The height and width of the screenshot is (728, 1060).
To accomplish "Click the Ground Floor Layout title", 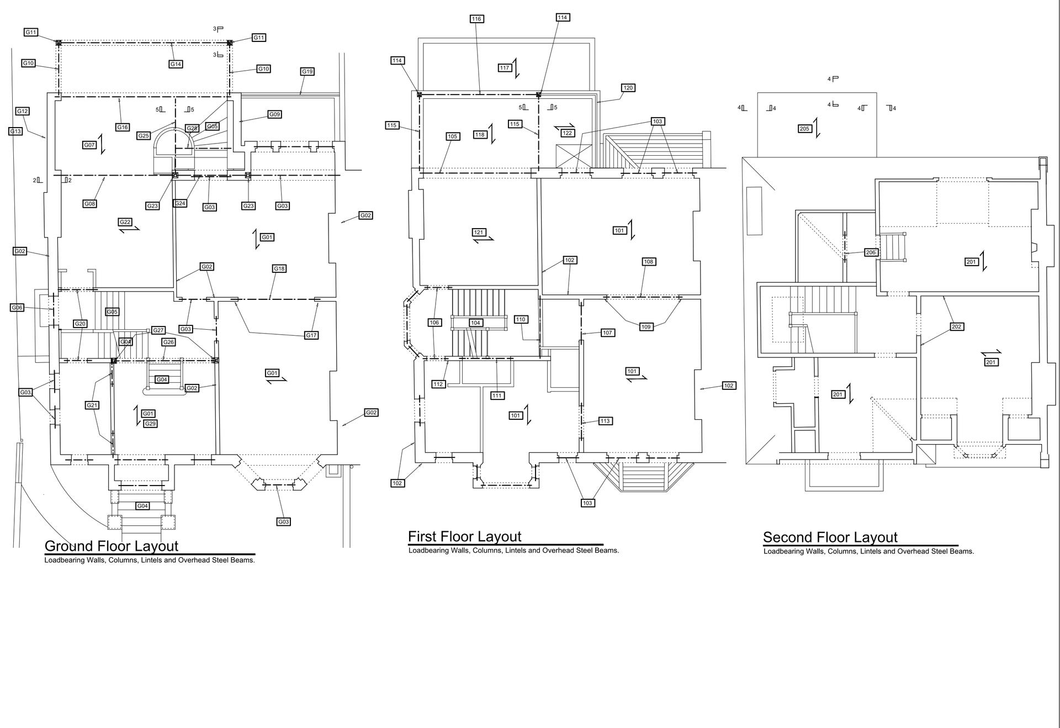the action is (112, 546).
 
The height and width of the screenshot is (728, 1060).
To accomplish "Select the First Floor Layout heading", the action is (465, 537).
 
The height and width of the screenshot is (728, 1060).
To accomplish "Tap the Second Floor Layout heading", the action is (830, 537).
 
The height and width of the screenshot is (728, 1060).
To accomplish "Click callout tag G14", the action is (176, 64).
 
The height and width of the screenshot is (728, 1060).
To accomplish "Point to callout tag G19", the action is (308, 71).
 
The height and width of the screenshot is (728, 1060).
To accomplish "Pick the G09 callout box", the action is (274, 114).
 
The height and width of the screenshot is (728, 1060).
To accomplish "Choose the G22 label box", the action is (125, 222).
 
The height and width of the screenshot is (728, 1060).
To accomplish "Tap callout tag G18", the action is (279, 268).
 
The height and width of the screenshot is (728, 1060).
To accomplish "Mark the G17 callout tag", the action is (311, 335).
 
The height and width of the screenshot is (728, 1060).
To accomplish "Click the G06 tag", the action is (17, 308).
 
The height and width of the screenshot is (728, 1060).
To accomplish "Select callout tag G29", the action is (150, 424).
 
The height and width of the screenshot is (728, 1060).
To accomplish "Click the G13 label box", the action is (15, 131).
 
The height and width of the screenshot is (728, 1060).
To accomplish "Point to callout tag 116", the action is (476, 19).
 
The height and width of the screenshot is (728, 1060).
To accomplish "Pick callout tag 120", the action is (628, 88).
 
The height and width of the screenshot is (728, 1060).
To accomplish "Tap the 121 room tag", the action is (478, 232).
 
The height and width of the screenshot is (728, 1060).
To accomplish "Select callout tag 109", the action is (646, 327).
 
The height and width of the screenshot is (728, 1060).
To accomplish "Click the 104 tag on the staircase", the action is (475, 323).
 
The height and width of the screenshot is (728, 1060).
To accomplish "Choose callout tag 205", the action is (804, 129).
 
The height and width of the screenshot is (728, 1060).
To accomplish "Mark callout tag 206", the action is (871, 252).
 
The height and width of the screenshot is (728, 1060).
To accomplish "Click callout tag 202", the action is (956, 326).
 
